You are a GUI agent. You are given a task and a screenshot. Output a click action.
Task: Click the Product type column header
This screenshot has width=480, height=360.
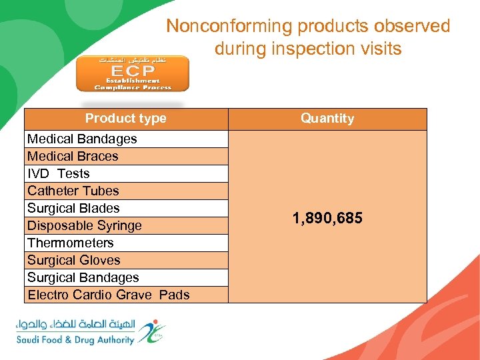tap(126, 119)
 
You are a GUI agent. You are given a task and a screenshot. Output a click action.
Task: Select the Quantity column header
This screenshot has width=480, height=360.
tap(327, 119)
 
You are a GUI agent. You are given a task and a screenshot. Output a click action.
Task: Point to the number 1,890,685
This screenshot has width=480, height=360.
tap(327, 217)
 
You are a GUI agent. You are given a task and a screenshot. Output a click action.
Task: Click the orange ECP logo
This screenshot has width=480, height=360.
tap(132, 73)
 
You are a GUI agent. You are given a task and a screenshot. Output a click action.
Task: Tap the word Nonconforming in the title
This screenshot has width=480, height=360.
tap(229, 27)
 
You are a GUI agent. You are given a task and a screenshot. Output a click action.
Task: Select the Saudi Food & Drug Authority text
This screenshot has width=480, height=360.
tap(75, 340)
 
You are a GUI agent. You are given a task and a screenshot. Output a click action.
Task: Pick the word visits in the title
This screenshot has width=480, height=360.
tap(381, 49)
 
